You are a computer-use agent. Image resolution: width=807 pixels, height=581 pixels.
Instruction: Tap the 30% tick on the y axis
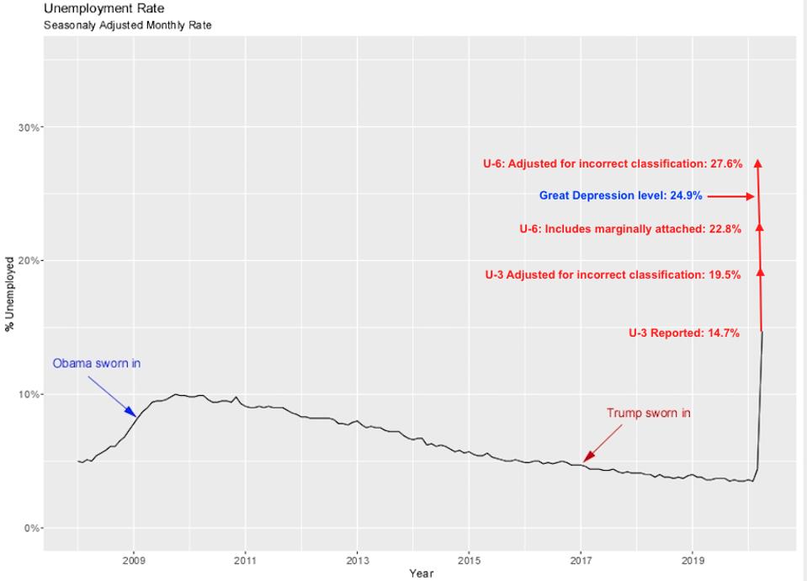pyautogui.click(x=29, y=127)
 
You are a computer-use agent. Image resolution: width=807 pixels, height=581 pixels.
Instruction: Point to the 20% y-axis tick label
pyautogui.click(x=29, y=260)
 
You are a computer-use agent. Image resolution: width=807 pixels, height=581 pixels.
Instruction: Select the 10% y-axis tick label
pyautogui.click(x=29, y=394)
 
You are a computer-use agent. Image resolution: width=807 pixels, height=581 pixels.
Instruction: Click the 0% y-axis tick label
pyautogui.click(x=31, y=528)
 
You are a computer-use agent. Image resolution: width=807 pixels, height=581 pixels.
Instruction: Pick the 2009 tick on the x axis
pyautogui.click(x=134, y=559)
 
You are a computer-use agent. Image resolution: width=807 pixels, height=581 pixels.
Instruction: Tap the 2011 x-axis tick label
pyautogui.click(x=246, y=559)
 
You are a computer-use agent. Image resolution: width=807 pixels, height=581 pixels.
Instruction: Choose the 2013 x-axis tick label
pyautogui.click(x=358, y=559)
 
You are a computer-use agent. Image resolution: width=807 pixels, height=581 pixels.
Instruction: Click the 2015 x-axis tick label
pyautogui.click(x=469, y=559)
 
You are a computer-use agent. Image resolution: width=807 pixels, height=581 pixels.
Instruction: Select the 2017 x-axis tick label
pyautogui.click(x=581, y=559)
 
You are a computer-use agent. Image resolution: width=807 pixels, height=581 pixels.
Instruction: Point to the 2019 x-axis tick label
pyautogui.click(x=693, y=559)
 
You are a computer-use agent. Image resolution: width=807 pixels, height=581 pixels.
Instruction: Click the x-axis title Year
pyautogui.click(x=421, y=573)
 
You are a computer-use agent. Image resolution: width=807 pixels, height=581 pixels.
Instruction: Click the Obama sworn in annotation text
pyautogui.click(x=96, y=364)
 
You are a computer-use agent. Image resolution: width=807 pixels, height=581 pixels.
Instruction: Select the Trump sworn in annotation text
pyautogui.click(x=648, y=413)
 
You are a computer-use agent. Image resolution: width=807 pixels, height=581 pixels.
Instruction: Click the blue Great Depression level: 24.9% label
pyautogui.click(x=621, y=196)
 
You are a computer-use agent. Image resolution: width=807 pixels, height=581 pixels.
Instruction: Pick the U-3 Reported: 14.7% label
pyautogui.click(x=684, y=333)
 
